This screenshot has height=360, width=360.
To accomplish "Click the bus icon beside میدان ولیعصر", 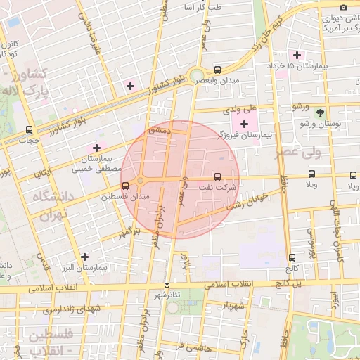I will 217,70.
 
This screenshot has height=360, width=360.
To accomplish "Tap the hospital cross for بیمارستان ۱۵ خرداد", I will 297,55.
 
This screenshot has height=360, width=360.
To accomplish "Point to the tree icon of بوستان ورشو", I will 321,112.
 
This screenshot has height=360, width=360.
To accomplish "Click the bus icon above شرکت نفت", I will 217,176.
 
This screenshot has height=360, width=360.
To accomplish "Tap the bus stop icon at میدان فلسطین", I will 125,186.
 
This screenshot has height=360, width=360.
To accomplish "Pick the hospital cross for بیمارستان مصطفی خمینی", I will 96,148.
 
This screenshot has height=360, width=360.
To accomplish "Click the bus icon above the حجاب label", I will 29,129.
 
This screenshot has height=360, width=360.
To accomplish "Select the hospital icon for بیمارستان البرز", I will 85,257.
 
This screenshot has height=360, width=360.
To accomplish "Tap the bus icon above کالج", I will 292,257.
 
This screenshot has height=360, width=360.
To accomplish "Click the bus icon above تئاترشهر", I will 167,283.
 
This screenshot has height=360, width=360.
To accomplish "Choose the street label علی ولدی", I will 241,110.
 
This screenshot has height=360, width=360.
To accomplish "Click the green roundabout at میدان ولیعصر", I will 196,76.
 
